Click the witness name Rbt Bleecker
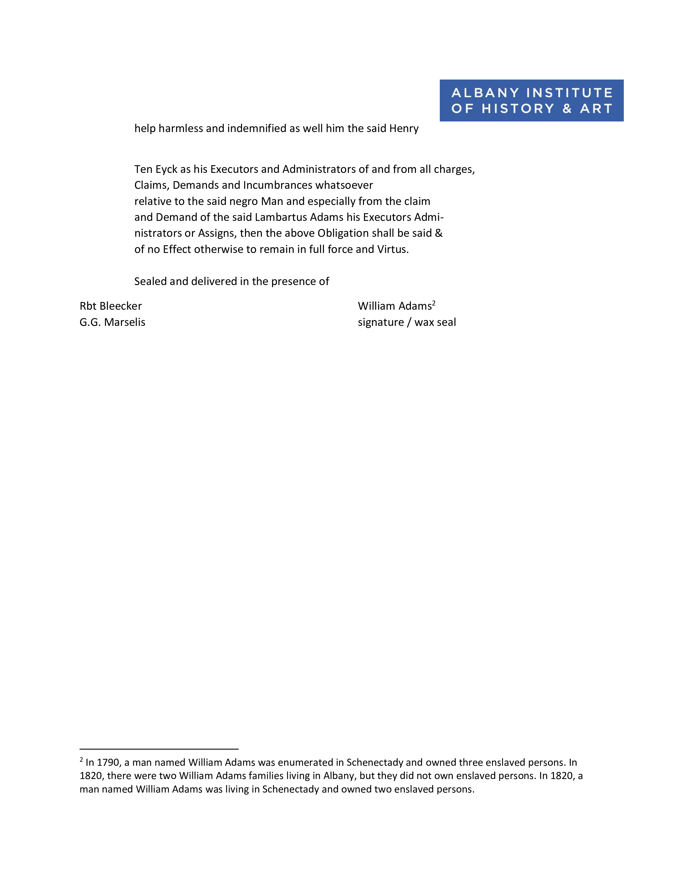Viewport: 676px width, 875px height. pos(111,306)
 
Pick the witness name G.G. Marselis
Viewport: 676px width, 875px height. pos(112,322)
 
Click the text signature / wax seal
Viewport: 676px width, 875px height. pos(406,322)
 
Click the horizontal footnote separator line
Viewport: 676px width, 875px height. pos(159,749)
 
